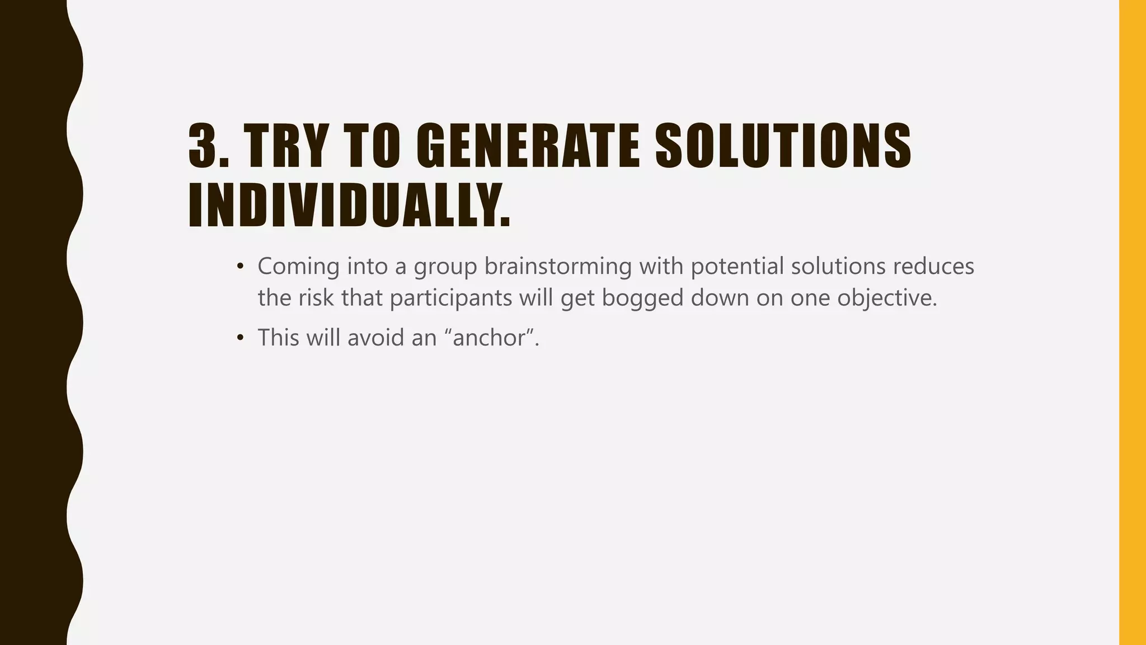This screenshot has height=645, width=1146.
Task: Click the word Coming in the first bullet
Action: click(x=298, y=267)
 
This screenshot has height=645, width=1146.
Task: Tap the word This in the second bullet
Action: click(x=278, y=338)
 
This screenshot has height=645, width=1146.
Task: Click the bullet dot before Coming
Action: click(x=240, y=267)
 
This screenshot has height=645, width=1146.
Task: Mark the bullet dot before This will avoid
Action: click(x=240, y=338)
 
